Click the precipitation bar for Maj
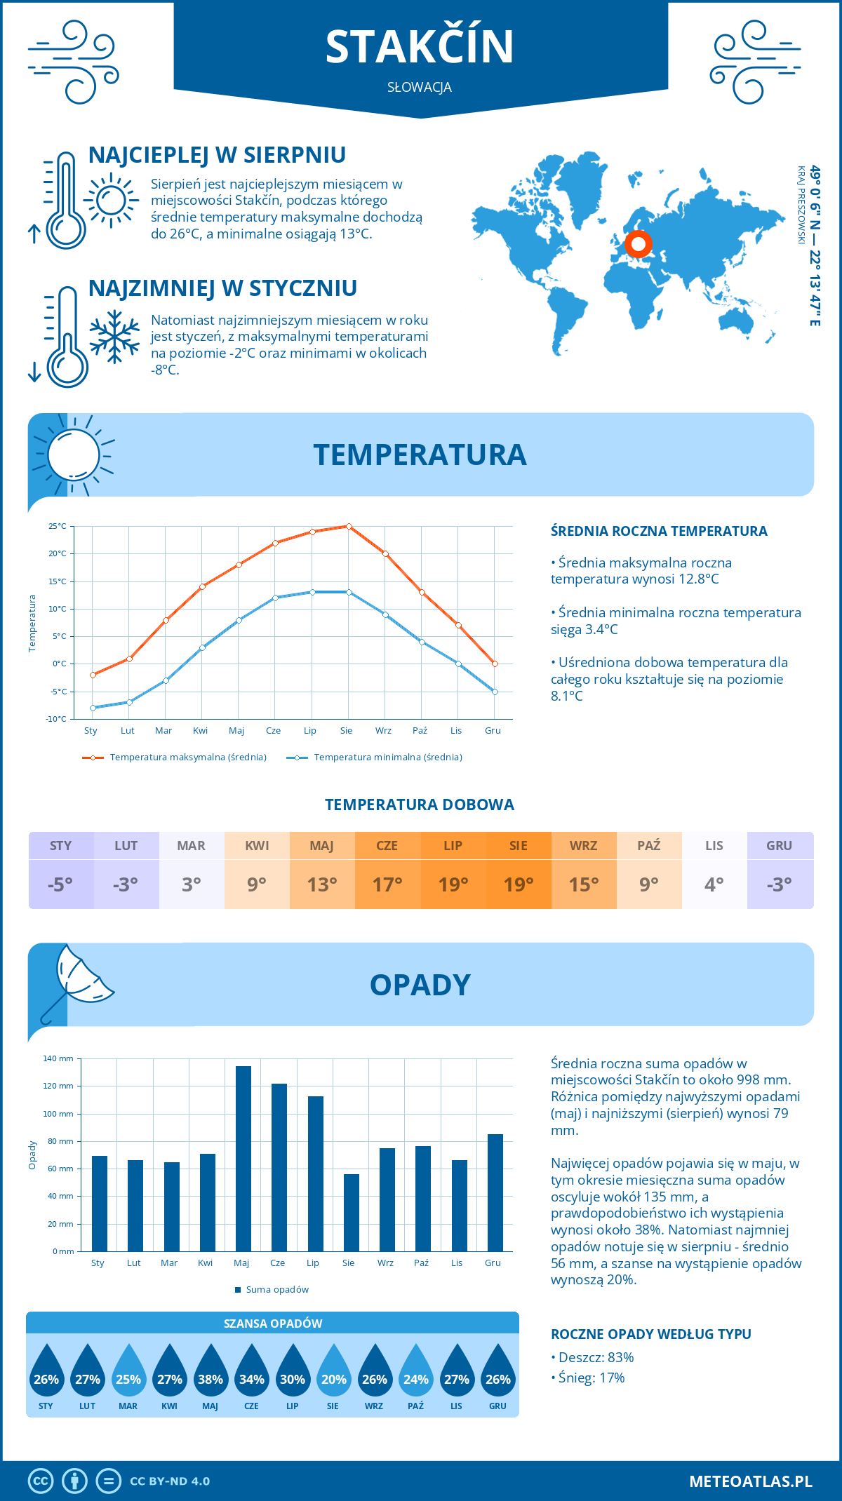tap(243, 1159)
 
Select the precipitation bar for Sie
tap(351, 1213)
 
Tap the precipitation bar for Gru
tap(495, 1192)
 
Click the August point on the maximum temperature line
tap(349, 526)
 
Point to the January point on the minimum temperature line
tap(93, 708)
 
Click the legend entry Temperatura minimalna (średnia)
tap(375, 758)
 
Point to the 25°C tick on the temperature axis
tap(58, 526)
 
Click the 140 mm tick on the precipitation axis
tap(58, 1058)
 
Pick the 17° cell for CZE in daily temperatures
tap(387, 884)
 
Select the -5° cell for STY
tap(60, 884)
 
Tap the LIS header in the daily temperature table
tap(714, 845)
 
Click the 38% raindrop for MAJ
tap(210, 1374)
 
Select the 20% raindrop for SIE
tap(333, 1374)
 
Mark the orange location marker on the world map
tap(638, 244)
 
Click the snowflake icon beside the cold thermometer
tap(114, 337)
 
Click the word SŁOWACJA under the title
tap(420, 88)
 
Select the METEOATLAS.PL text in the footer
tap(750, 1481)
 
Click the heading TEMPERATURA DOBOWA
tap(420, 805)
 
